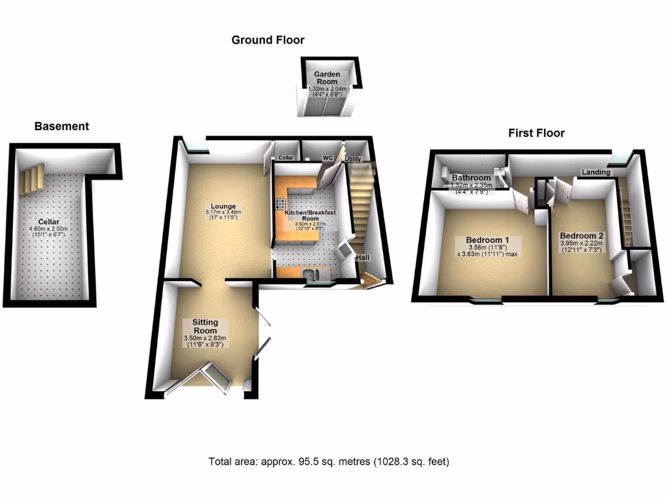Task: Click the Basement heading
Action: coord(61,126)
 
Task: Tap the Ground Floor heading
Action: coord(268,40)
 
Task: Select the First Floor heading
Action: coord(536,133)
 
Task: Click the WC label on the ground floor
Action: coord(328,158)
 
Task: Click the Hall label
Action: coord(363,258)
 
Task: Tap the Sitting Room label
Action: coord(205,326)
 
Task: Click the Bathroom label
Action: coord(471,178)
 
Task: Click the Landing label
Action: coord(596,173)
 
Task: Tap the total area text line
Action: coord(329,462)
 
